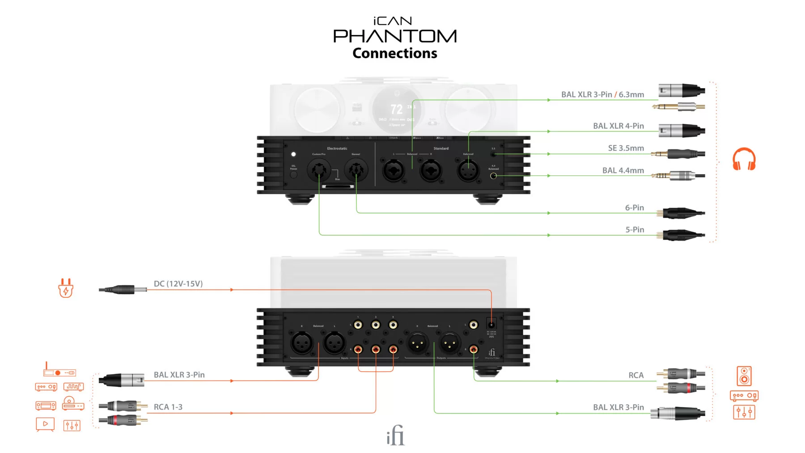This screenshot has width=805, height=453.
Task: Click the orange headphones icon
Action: pyautogui.click(x=744, y=159)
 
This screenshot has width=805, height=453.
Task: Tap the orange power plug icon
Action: pyautogui.click(x=66, y=288)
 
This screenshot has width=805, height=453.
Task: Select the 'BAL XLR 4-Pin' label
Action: pyautogui.click(x=618, y=126)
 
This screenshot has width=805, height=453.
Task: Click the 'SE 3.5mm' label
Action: pyautogui.click(x=626, y=148)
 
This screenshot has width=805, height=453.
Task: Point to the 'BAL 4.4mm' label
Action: pyautogui.click(x=623, y=170)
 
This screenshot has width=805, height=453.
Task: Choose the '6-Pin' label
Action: pyautogui.click(x=634, y=207)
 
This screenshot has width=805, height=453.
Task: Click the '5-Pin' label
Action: pyautogui.click(x=634, y=230)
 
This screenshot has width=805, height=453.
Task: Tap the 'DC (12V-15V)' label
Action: pyautogui.click(x=178, y=284)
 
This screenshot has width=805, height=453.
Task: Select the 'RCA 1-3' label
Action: pyautogui.click(x=168, y=407)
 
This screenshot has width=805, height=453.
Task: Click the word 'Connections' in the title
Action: pyautogui.click(x=394, y=53)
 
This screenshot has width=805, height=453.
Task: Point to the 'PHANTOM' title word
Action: pyautogui.click(x=394, y=36)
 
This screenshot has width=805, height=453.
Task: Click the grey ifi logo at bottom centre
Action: pyautogui.click(x=395, y=435)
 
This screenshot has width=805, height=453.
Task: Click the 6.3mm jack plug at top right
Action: pyautogui.click(x=678, y=106)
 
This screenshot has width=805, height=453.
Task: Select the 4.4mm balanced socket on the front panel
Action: pyautogui.click(x=493, y=176)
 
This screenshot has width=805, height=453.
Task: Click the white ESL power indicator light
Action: pyautogui.click(x=293, y=154)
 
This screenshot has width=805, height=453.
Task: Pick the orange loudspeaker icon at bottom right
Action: pyautogui.click(x=744, y=376)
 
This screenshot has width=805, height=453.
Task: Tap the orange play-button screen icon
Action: pyautogui.click(x=45, y=424)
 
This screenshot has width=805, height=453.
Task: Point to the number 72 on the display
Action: pyautogui.click(x=396, y=109)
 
